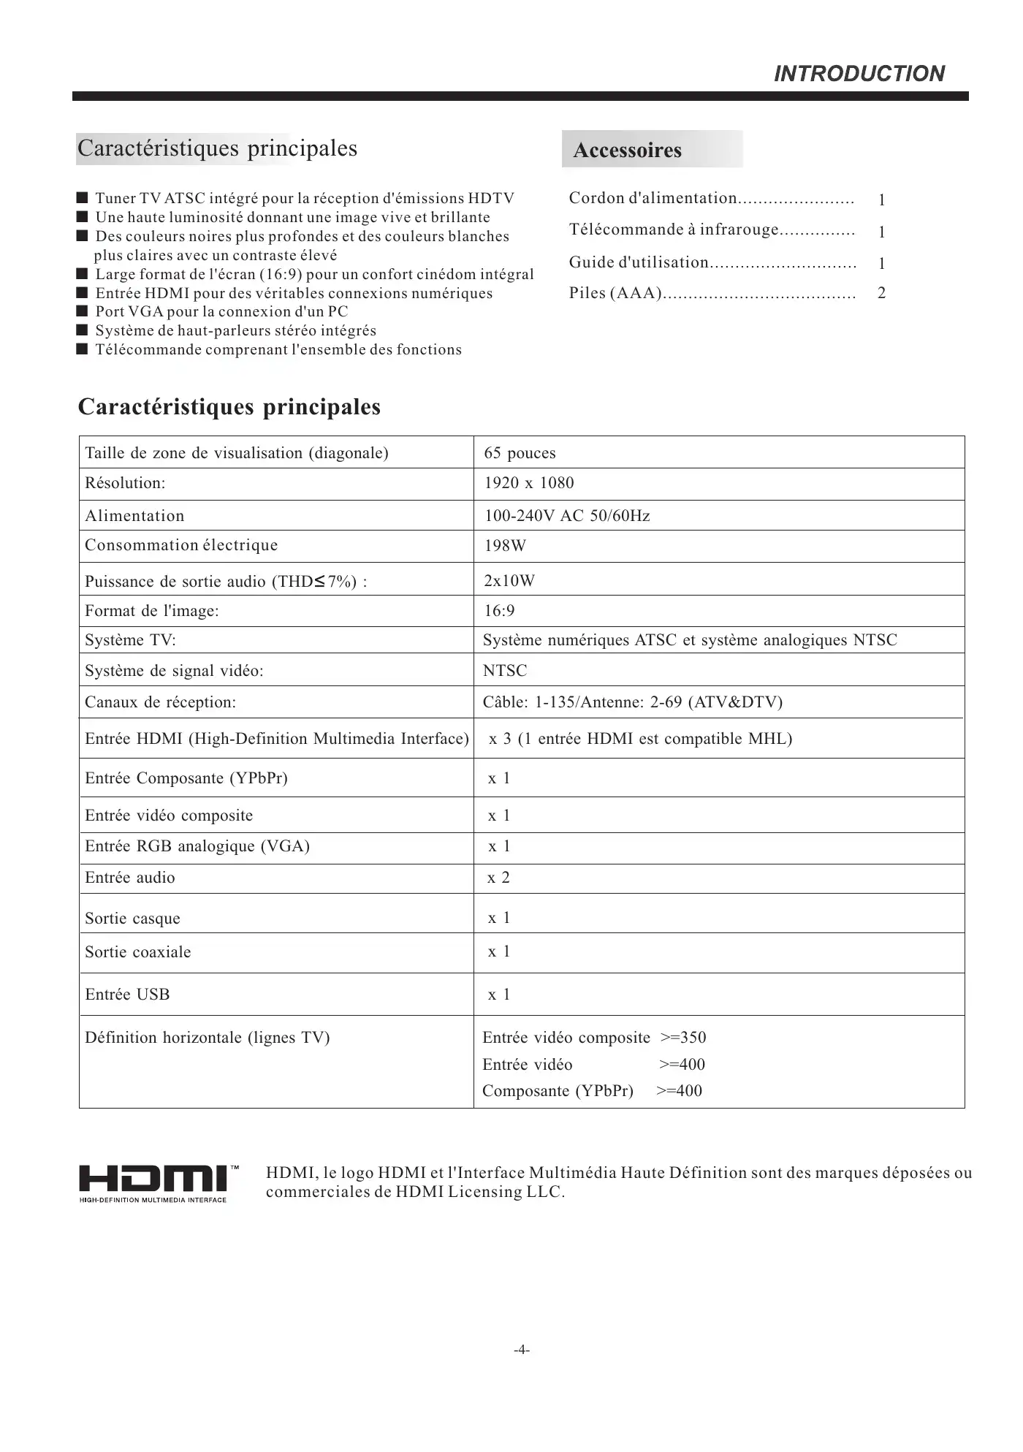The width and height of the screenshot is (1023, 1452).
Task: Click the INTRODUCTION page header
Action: pyautogui.click(x=859, y=73)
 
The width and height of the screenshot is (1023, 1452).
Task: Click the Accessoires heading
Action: pyautogui.click(x=627, y=151)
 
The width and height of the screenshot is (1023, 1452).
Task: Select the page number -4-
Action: pyautogui.click(x=521, y=1350)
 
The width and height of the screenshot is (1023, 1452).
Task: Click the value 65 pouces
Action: pyautogui.click(x=520, y=453)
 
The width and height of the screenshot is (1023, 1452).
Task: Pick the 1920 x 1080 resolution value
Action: pyautogui.click(x=529, y=483)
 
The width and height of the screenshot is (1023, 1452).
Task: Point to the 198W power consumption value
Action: pyautogui.click(x=505, y=546)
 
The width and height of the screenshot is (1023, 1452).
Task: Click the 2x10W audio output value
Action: pyautogui.click(x=509, y=581)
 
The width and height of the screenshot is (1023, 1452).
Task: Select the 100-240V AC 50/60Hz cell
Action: pyautogui.click(x=567, y=516)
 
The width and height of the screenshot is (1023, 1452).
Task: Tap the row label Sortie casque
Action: pyautogui.click(x=132, y=919)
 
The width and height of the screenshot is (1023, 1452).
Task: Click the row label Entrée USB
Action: pyautogui.click(x=127, y=995)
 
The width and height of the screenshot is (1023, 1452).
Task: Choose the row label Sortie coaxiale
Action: pyautogui.click(x=137, y=952)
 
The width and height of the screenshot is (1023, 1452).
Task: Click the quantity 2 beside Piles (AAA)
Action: pyautogui.click(x=881, y=293)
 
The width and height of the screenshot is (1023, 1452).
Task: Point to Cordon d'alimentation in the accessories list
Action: pyautogui.click(x=653, y=198)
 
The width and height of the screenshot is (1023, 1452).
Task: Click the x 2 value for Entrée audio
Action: pyautogui.click(x=498, y=878)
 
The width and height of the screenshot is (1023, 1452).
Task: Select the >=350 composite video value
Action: pyautogui.click(x=683, y=1038)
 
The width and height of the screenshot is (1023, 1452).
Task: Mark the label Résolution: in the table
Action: pyautogui.click(x=125, y=483)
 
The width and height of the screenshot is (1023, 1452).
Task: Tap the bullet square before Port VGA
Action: pyautogui.click(x=83, y=312)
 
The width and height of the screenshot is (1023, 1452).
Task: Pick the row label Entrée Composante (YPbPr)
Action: pyautogui.click(x=186, y=778)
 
